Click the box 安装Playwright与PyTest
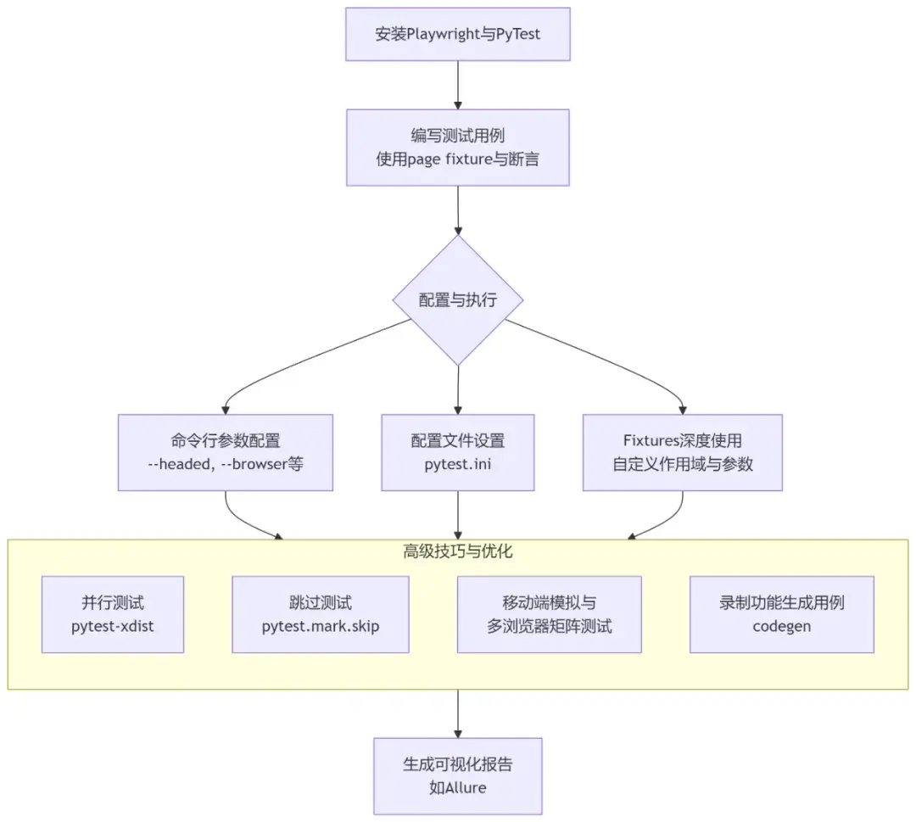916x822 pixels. [458, 35]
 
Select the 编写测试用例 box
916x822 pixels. [458, 147]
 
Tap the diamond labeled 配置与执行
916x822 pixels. [458, 301]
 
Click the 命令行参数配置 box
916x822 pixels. [225, 452]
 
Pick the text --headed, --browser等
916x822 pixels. [225, 465]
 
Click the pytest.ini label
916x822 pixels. [458, 465]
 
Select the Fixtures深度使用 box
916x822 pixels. [682, 452]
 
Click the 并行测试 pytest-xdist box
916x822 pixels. [113, 614]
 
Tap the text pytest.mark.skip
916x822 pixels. [320, 627]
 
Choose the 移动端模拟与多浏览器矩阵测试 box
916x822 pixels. [549, 614]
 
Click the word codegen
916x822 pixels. [781, 627]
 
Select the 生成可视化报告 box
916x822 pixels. [458, 775]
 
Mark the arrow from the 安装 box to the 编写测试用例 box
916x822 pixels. [458, 85]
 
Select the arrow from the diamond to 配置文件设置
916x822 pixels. [458, 390]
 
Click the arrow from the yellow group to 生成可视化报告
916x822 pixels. [458, 713]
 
